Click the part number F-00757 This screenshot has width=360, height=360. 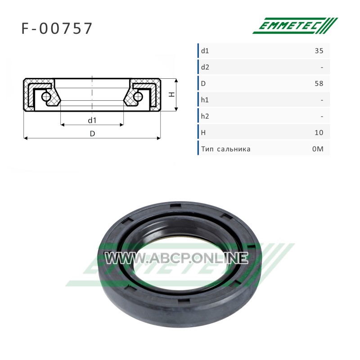coord(57,28)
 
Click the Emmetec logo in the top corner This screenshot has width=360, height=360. coord(295,26)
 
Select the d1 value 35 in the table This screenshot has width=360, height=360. coord(319,51)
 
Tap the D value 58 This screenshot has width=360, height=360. coord(319,84)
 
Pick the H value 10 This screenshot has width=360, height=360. coord(319,133)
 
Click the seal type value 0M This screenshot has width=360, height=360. coord(318,149)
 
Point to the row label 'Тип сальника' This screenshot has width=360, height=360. coord(226,149)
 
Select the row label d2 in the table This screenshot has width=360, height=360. coord(205,67)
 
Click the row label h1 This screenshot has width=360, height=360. coord(205,100)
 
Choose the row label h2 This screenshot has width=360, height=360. coord(205,117)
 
